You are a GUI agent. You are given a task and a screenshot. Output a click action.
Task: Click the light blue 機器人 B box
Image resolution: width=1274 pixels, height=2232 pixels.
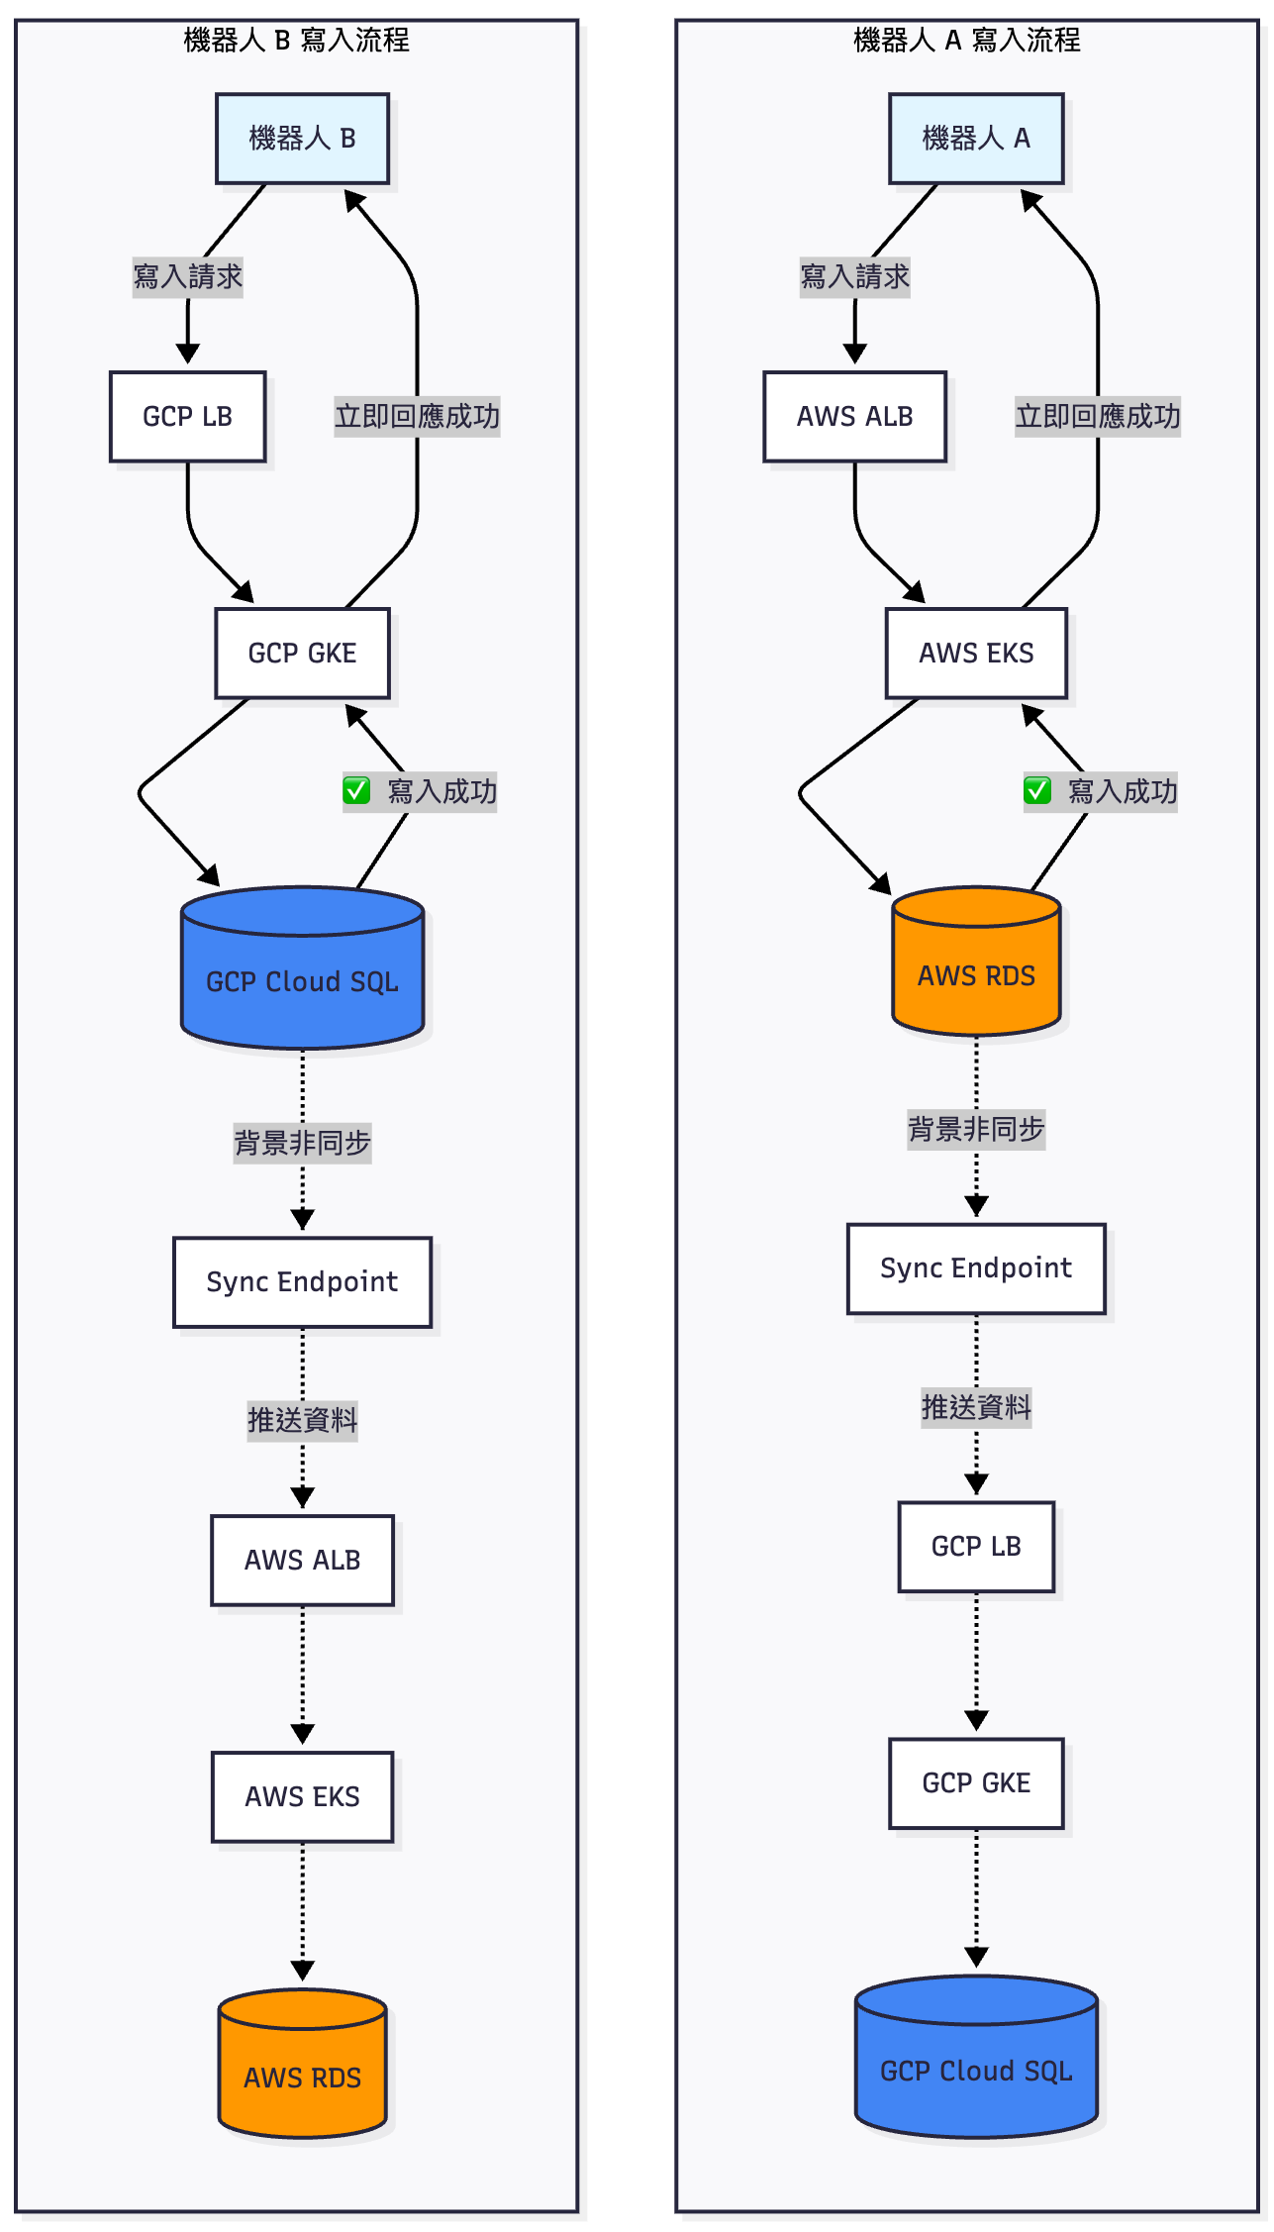coord(302,139)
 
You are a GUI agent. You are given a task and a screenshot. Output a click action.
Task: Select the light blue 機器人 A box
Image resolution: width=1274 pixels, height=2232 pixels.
coord(976,139)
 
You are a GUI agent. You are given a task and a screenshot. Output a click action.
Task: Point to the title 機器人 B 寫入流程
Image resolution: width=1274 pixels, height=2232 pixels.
coord(296,40)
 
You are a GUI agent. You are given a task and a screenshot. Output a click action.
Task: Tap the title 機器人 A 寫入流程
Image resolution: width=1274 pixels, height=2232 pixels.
coord(967,40)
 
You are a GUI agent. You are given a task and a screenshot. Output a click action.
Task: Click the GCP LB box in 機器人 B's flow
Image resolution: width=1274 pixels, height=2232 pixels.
coord(188,417)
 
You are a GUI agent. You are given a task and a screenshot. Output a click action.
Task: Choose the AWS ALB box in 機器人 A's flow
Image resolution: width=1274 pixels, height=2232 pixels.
coord(855,417)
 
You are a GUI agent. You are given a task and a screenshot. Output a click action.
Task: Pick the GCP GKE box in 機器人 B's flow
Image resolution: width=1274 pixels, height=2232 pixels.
coord(302,654)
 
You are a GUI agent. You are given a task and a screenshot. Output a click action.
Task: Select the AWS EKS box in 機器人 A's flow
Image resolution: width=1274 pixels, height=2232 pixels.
coord(976,654)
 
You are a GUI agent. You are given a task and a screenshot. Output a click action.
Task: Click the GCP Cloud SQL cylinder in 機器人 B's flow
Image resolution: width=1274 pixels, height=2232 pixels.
coord(302,967)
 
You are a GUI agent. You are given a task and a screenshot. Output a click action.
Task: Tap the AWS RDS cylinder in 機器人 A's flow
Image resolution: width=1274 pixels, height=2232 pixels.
coord(976,961)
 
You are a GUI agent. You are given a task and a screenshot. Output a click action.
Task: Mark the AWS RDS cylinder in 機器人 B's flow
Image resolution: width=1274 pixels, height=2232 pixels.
coord(302,2063)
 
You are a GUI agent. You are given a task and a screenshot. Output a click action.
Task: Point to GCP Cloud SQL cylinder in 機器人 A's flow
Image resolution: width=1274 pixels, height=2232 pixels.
coord(976,2057)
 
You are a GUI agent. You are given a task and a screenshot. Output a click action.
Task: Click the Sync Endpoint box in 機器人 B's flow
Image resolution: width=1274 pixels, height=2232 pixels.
coord(302,1282)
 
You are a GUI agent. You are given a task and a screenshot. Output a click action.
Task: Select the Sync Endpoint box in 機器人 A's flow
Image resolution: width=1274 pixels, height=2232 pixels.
coord(976,1268)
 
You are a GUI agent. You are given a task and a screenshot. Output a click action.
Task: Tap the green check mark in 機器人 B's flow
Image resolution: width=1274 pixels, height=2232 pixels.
coord(356,790)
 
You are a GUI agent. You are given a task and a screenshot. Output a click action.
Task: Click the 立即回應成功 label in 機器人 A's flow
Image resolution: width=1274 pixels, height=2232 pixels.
coord(1098,416)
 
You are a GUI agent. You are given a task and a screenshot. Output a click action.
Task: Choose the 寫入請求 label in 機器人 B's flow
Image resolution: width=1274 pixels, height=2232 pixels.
coord(188,276)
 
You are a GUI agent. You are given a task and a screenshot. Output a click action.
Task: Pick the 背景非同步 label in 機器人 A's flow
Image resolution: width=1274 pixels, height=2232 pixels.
coord(976,1129)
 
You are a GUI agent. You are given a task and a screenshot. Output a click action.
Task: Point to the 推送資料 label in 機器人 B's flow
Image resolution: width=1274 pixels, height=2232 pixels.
coord(302,1420)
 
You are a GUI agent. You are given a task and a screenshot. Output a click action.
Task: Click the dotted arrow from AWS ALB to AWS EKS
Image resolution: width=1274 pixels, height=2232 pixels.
coord(302,1674)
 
